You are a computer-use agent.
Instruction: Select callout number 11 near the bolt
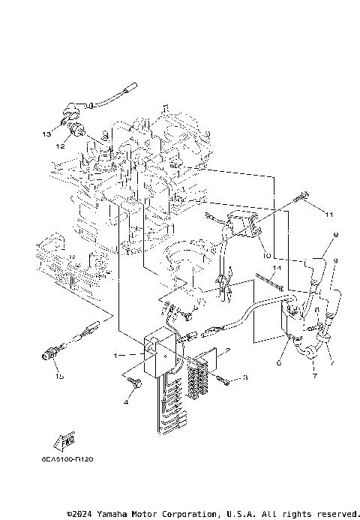click(x=328, y=214)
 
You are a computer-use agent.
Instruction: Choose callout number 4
click(x=126, y=403)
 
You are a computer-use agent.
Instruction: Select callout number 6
click(x=278, y=362)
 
